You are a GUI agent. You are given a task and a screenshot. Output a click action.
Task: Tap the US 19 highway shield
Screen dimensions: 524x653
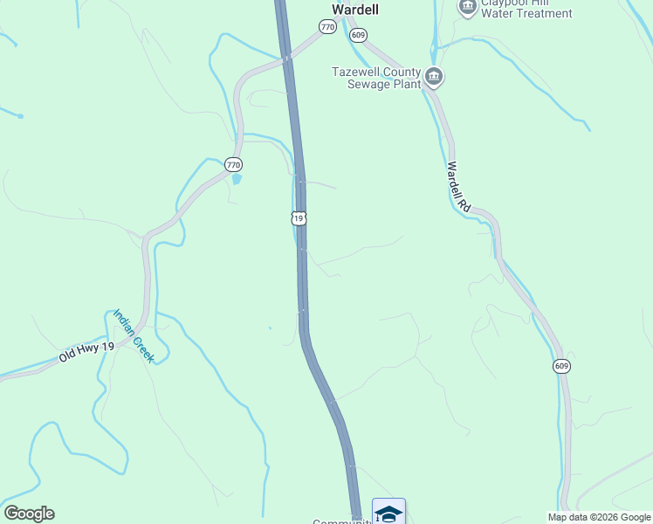(299, 218)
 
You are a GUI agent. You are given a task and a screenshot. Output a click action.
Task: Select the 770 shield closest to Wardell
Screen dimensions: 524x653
(327, 27)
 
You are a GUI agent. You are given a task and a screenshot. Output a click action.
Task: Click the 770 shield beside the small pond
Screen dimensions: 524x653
(233, 164)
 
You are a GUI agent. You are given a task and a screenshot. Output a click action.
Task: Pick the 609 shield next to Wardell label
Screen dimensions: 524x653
(358, 34)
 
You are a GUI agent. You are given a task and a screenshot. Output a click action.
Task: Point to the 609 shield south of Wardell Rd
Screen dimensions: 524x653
(561, 366)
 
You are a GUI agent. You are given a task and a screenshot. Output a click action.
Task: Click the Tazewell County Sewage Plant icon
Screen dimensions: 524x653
(434, 79)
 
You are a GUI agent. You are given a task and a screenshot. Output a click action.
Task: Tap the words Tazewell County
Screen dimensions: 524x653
(376, 72)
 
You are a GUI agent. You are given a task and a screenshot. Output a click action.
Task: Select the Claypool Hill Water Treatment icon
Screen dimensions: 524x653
(467, 6)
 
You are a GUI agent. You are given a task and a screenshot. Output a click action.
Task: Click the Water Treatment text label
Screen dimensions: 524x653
(526, 13)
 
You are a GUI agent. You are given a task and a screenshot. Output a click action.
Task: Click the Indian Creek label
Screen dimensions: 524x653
(134, 336)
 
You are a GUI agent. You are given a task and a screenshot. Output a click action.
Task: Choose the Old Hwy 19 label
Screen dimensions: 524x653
(87, 353)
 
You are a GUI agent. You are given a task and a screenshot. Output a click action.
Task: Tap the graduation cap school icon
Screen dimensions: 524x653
(388, 514)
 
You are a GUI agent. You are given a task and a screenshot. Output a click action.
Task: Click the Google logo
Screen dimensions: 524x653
(29, 514)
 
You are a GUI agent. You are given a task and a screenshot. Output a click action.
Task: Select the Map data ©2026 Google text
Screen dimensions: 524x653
(599, 517)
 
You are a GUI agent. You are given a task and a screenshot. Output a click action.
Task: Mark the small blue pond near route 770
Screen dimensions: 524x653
(236, 180)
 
